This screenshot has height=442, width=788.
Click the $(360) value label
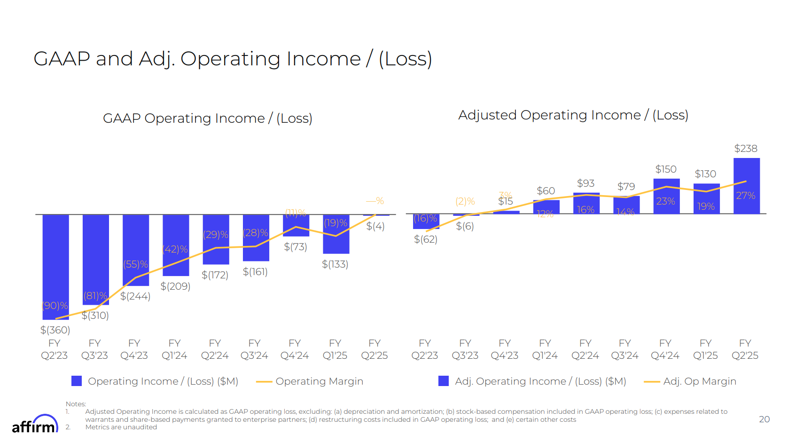pyautogui.click(x=55, y=330)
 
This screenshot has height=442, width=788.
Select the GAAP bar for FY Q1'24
pyautogui.click(x=176, y=245)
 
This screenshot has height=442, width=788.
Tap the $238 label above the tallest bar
pyautogui.click(x=746, y=149)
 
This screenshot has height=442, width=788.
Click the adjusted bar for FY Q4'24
pyautogui.click(x=666, y=197)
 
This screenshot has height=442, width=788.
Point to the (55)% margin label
pyautogui.click(x=135, y=264)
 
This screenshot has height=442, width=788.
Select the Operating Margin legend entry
pyautogui.click(x=310, y=381)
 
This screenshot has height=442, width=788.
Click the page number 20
pyautogui.click(x=764, y=419)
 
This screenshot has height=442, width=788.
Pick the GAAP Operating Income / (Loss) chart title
pyautogui.click(x=207, y=118)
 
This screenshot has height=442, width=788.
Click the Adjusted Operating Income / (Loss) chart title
pyautogui.click(x=573, y=115)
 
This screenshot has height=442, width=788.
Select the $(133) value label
pyautogui.click(x=335, y=264)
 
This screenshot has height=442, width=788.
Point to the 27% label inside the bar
pyautogui.click(x=745, y=196)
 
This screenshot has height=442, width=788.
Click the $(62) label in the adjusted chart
pyautogui.click(x=425, y=239)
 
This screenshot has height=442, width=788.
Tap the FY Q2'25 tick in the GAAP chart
pyautogui.click(x=374, y=349)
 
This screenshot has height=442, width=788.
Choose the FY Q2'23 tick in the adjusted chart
pyautogui.click(x=425, y=349)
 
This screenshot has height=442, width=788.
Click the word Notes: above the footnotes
pyautogui.click(x=76, y=404)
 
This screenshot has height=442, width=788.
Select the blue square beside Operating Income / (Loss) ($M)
pyautogui.click(x=77, y=381)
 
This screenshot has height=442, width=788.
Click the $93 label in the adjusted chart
pyautogui.click(x=585, y=183)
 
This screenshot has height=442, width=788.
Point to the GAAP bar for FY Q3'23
pyautogui.click(x=95, y=259)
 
